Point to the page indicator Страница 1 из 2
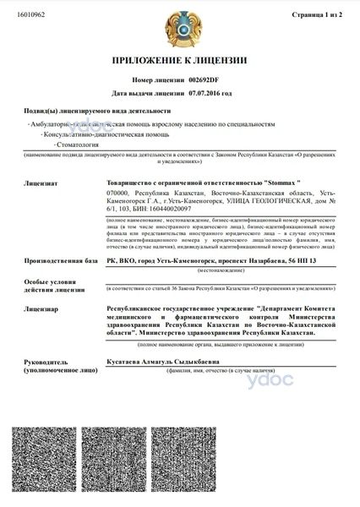pyautogui.click(x=318, y=15)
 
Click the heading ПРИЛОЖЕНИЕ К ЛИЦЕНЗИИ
pyautogui.click(x=180, y=61)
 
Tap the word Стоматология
pyautogui.click(x=79, y=144)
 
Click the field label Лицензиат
pyautogui.click(x=41, y=182)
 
